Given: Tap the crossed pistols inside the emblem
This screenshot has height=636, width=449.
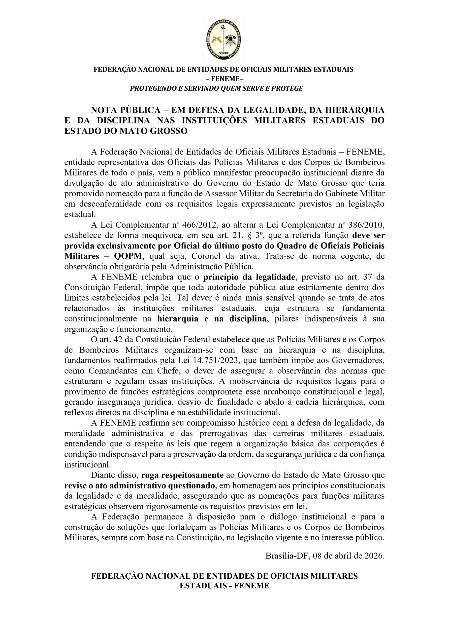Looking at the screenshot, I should tap(217, 40).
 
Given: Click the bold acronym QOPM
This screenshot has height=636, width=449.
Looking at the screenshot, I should tap(129, 256).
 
